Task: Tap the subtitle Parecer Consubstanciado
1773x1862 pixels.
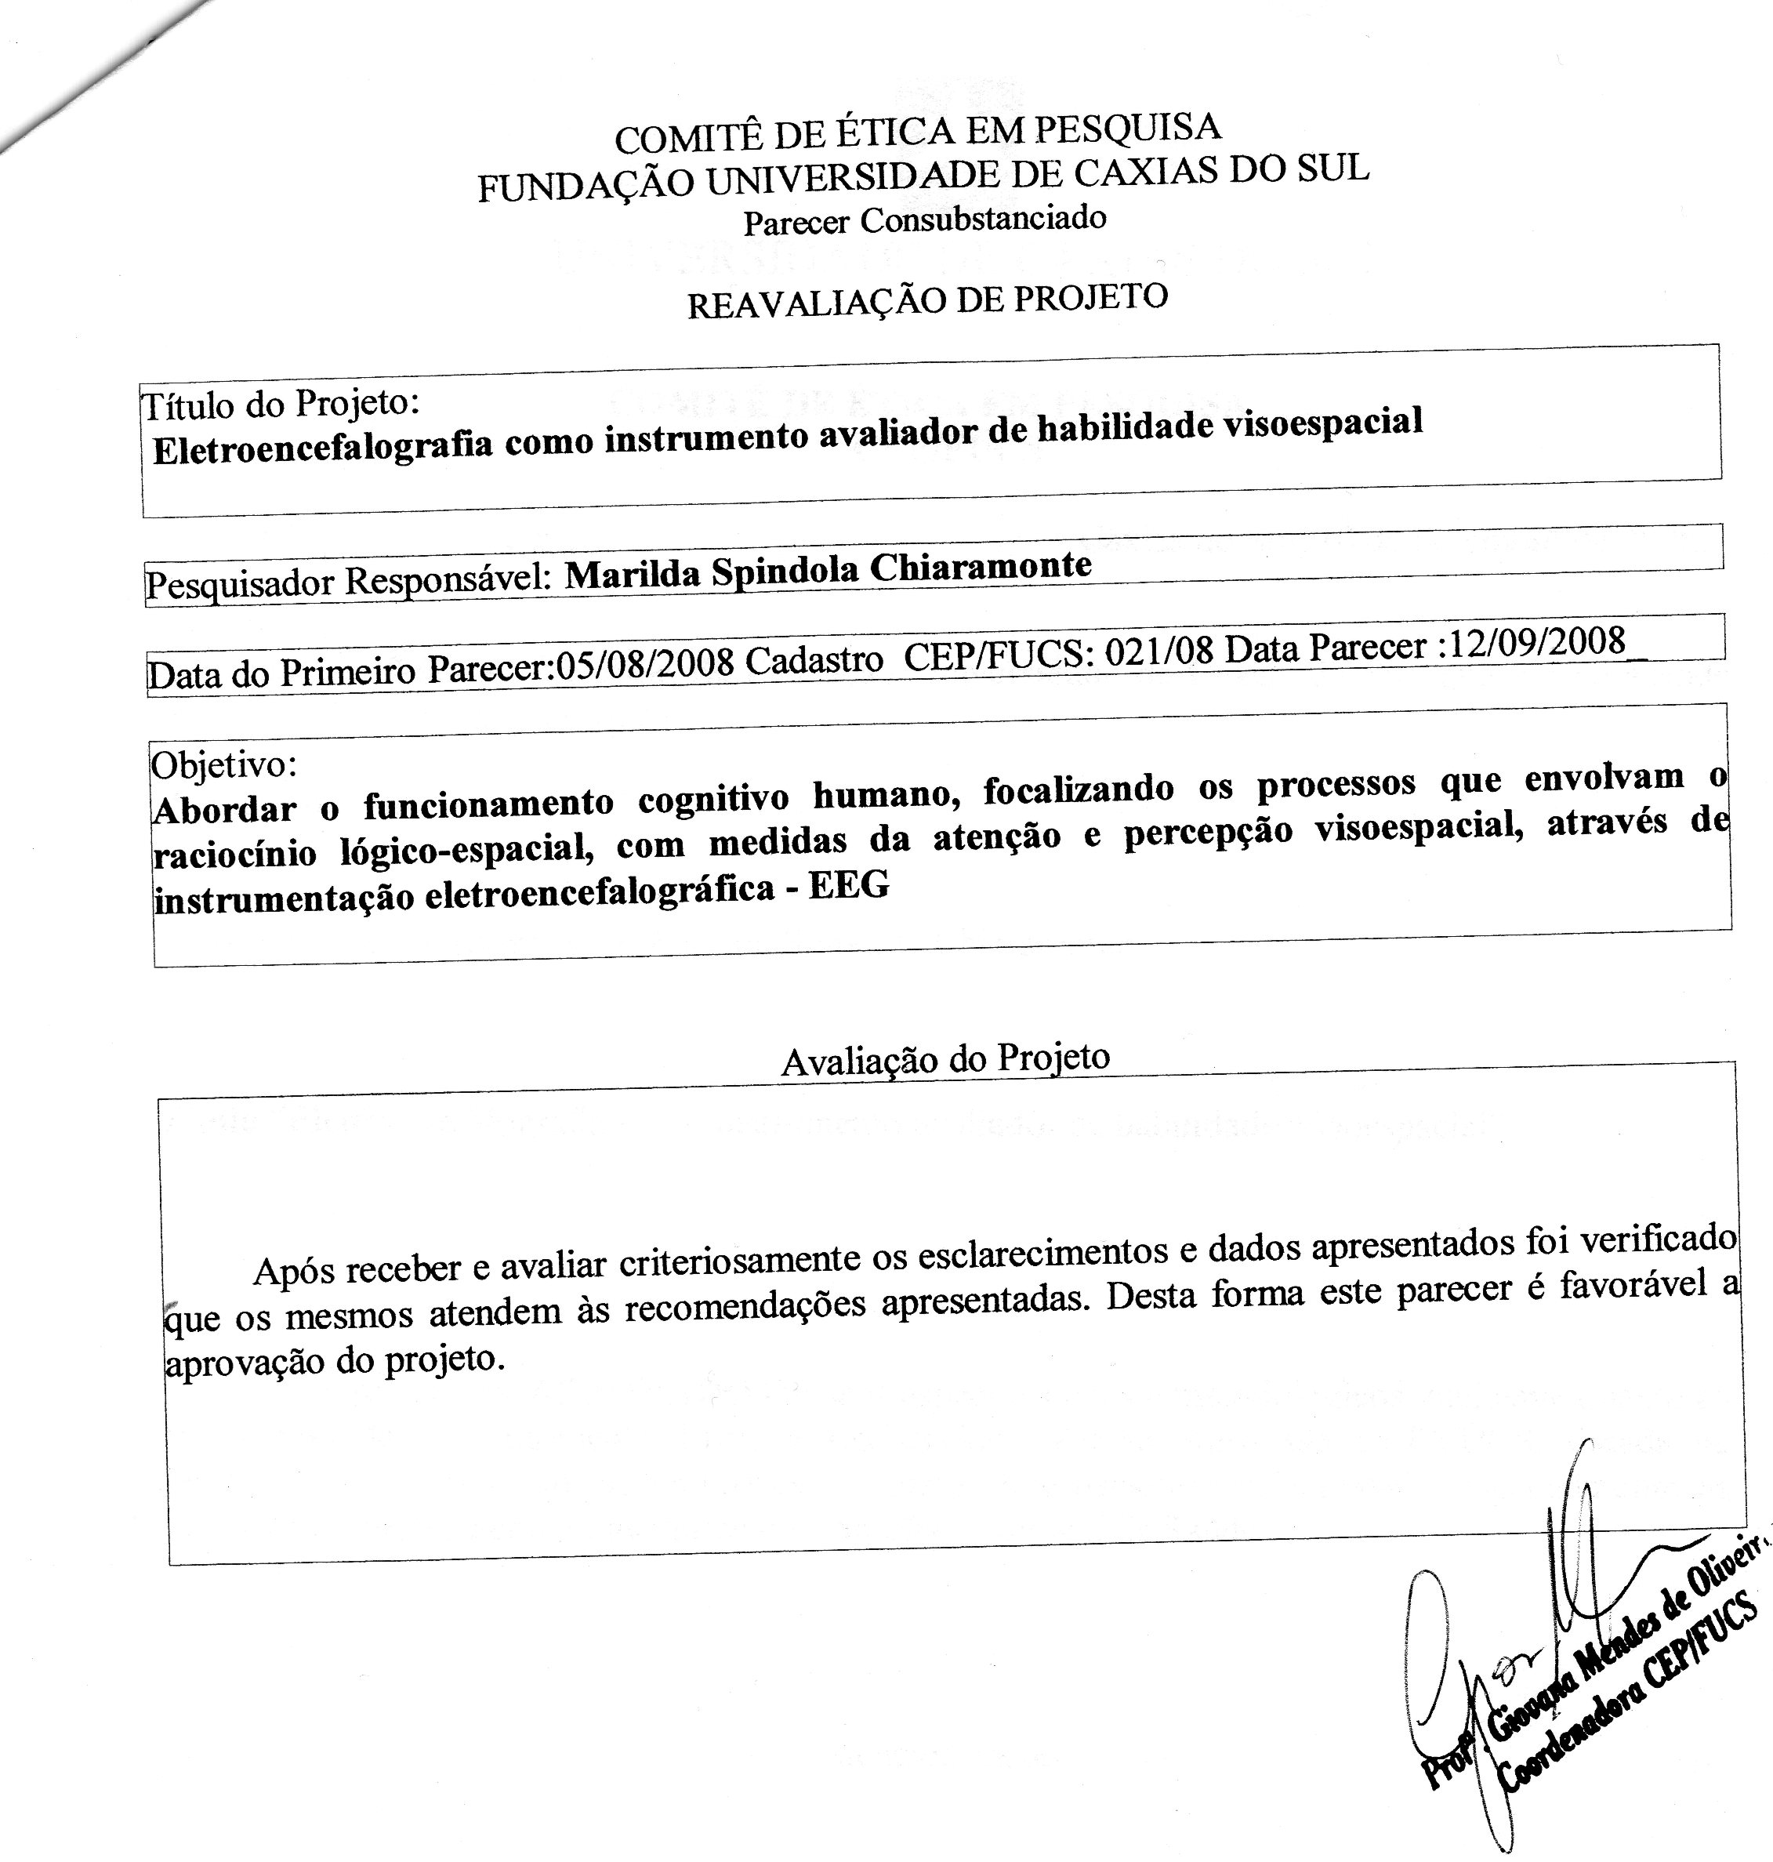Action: coord(924,220)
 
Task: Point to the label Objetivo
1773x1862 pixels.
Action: coord(224,763)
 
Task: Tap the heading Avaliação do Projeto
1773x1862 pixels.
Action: coord(945,1059)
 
